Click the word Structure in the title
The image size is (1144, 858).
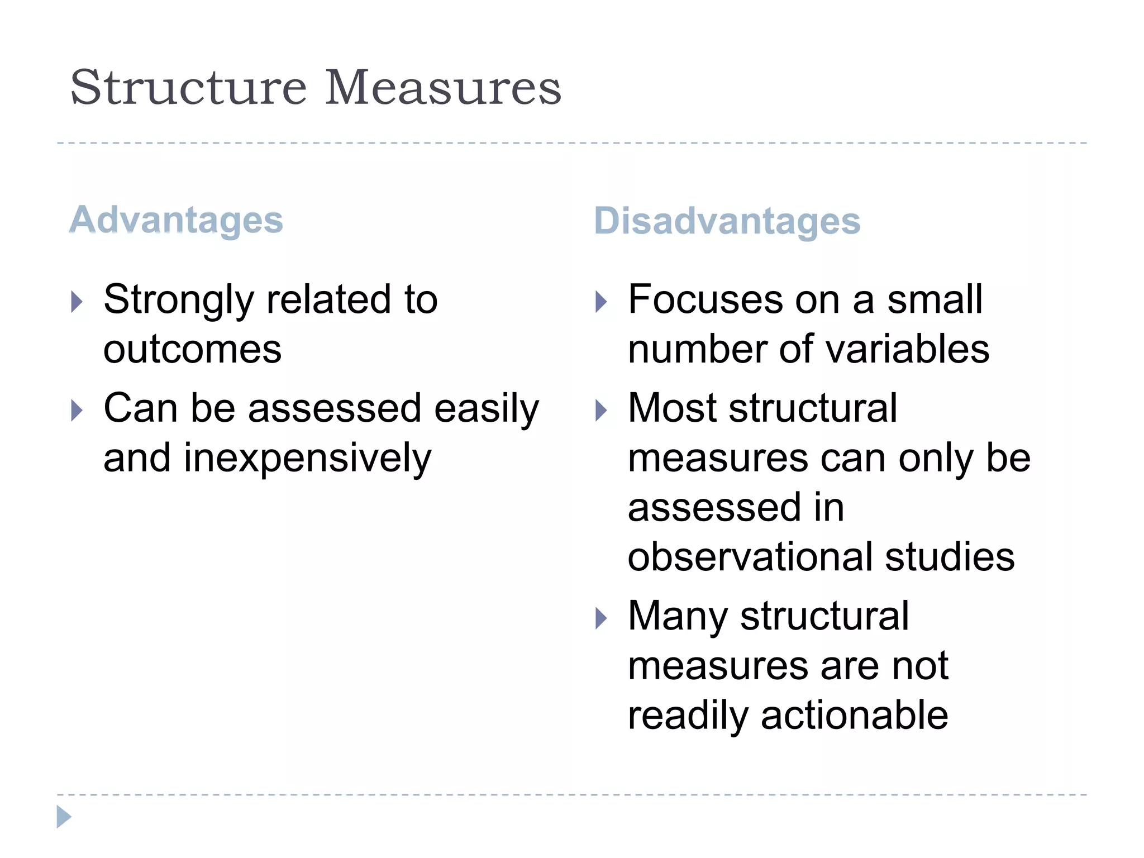(x=188, y=88)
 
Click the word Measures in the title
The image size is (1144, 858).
(x=443, y=88)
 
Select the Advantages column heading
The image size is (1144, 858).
(x=177, y=220)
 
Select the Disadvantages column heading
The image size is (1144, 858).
(x=727, y=221)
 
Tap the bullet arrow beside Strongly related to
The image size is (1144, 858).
(x=77, y=302)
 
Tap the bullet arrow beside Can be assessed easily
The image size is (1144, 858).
(x=77, y=411)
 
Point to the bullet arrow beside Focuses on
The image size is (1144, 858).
(x=601, y=302)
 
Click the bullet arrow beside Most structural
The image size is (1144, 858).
(x=601, y=411)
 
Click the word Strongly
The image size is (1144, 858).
(x=179, y=301)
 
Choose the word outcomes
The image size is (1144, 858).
(x=193, y=350)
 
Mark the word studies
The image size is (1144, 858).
(x=950, y=557)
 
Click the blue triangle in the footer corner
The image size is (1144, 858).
(x=64, y=817)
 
